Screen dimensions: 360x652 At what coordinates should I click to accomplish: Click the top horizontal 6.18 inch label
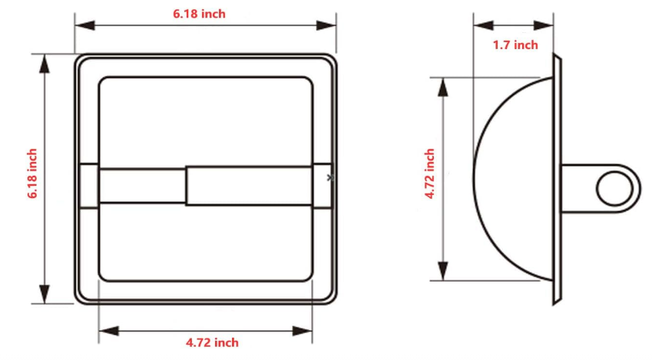point(198,14)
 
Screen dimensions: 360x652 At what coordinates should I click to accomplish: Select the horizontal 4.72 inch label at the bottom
point(211,342)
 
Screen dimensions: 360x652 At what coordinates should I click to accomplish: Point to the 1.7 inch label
point(515,45)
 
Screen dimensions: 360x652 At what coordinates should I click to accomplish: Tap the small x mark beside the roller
point(330,177)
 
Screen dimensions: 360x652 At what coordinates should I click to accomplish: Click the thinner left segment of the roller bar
point(142,186)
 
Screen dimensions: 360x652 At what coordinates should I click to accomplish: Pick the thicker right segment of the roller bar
point(249,186)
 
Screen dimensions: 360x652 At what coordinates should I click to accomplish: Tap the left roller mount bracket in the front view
point(89,186)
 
